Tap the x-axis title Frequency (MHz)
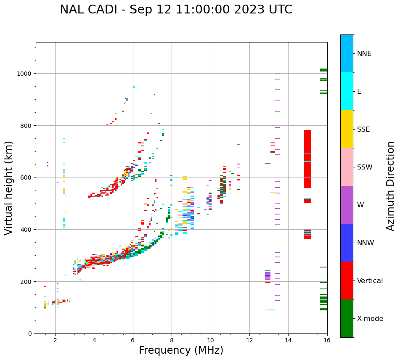[x=181, y=350]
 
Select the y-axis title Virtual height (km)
[x=9, y=188]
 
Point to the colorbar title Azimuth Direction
[x=391, y=186]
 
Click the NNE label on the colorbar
[x=364, y=53]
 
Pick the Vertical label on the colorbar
[x=370, y=281]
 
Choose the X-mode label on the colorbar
[x=370, y=318]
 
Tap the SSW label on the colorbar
[x=365, y=167]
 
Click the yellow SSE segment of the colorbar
[x=347, y=129]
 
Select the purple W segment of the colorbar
[x=347, y=205]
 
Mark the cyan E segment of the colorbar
[x=347, y=91]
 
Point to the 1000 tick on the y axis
[x=25, y=73]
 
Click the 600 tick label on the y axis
[x=26, y=177]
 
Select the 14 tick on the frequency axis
[x=288, y=340]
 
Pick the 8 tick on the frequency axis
[x=172, y=340]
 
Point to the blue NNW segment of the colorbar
[x=347, y=243]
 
